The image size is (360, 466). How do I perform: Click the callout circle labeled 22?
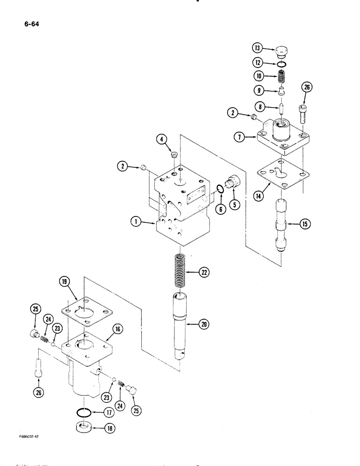(203, 273)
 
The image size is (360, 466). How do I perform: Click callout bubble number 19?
(64, 281)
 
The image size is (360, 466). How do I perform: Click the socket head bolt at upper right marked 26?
(302, 113)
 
